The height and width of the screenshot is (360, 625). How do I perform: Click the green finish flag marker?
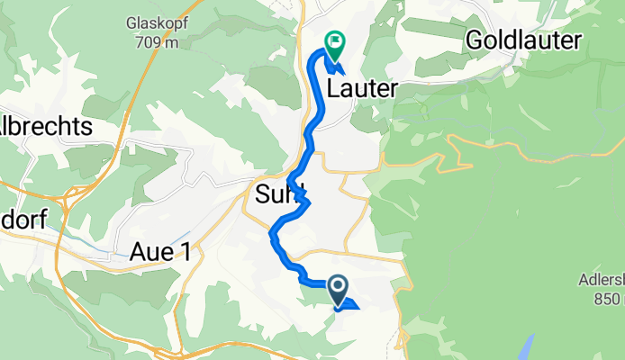[335, 41]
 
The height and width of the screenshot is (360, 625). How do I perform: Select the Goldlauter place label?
[523, 40]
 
